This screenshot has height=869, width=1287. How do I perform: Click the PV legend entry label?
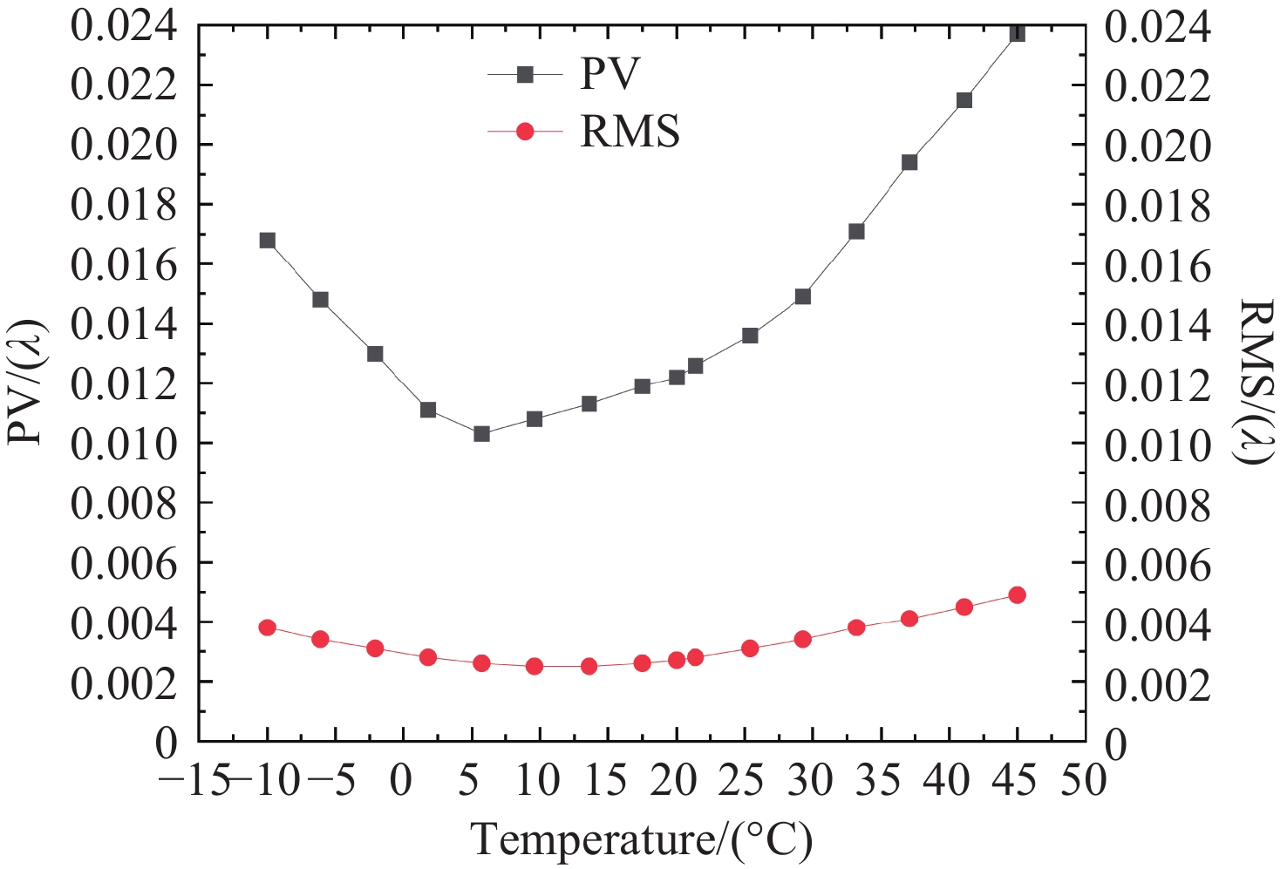tap(609, 74)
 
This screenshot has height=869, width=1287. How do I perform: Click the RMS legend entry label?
tap(630, 132)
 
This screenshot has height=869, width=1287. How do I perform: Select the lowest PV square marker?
tap(481, 433)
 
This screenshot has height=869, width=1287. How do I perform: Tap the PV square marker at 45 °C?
tap(1017, 33)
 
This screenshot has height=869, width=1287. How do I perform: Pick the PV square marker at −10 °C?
tap(268, 241)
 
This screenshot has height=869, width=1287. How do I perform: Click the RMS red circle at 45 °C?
tap(1017, 594)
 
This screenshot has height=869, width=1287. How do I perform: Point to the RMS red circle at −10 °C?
tap(268, 628)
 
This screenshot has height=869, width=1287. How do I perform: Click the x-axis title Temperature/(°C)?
tap(642, 839)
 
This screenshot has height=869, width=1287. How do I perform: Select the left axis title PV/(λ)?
tap(26, 382)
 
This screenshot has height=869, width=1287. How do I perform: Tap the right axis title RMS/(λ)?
tap(1256, 382)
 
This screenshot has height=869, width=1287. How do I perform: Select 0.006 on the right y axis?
tap(1158, 564)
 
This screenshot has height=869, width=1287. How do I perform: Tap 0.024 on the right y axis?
tap(1158, 26)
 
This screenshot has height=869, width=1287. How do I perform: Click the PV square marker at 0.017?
tap(856, 231)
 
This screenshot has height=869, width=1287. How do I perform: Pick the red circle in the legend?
tap(525, 132)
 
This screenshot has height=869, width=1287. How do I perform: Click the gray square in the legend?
tap(525, 75)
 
